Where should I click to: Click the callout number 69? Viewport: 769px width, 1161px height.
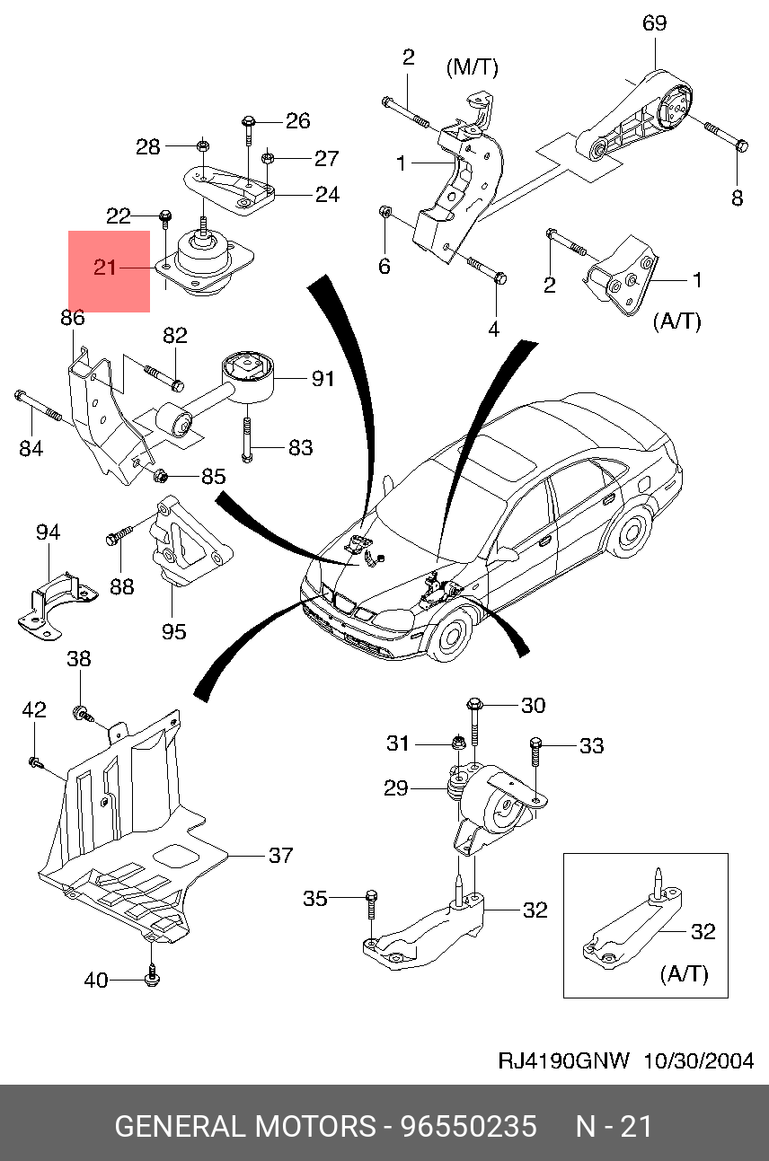654,23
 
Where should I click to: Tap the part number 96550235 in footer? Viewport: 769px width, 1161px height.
468,1126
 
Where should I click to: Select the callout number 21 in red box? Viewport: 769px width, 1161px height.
105,268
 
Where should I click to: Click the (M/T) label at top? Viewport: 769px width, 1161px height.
472,68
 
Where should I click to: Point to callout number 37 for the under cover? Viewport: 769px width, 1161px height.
281,856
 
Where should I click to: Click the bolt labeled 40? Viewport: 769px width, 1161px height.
151,975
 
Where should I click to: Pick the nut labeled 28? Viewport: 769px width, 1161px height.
203,146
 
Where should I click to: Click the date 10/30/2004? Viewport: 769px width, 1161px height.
698,1060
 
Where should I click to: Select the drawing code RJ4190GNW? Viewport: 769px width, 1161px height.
565,1060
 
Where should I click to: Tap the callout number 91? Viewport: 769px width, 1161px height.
323,379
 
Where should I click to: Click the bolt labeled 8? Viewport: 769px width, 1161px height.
741,145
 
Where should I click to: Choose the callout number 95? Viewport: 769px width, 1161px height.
173,631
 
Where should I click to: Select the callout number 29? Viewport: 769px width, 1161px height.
396,788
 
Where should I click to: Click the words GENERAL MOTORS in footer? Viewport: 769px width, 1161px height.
245,1126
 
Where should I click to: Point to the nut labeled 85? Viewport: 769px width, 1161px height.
161,475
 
